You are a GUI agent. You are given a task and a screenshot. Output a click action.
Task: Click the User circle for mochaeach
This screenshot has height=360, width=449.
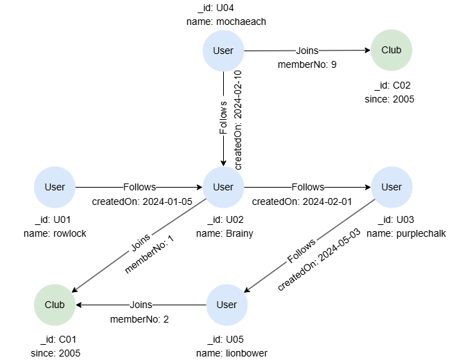[223, 51]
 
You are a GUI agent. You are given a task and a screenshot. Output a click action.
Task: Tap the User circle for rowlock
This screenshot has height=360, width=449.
[55, 187]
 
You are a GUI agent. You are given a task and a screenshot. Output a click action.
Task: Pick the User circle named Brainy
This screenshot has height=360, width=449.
[223, 187]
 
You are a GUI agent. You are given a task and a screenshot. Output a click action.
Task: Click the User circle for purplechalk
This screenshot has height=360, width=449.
[391, 187]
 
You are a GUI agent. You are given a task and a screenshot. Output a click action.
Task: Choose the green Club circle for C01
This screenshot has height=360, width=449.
[55, 305]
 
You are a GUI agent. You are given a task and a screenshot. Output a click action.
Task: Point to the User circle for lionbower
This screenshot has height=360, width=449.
[227, 305]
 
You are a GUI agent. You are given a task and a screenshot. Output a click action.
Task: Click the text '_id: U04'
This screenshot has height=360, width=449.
[215, 8]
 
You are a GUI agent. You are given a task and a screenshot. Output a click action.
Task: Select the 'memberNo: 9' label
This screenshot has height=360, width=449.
[306, 64]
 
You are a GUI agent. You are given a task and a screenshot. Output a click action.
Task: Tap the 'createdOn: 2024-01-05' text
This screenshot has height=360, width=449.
[142, 201]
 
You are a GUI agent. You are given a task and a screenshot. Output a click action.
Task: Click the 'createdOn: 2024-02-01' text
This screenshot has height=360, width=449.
[302, 201]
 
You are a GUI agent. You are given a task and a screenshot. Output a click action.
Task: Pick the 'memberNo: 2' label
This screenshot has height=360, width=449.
[140, 318]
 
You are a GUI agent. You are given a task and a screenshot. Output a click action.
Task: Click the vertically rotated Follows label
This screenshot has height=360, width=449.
[223, 118]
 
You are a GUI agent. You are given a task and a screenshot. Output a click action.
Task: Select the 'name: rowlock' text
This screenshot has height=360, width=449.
[55, 233]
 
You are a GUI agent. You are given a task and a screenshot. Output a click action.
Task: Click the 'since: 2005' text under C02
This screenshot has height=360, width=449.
[389, 99]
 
